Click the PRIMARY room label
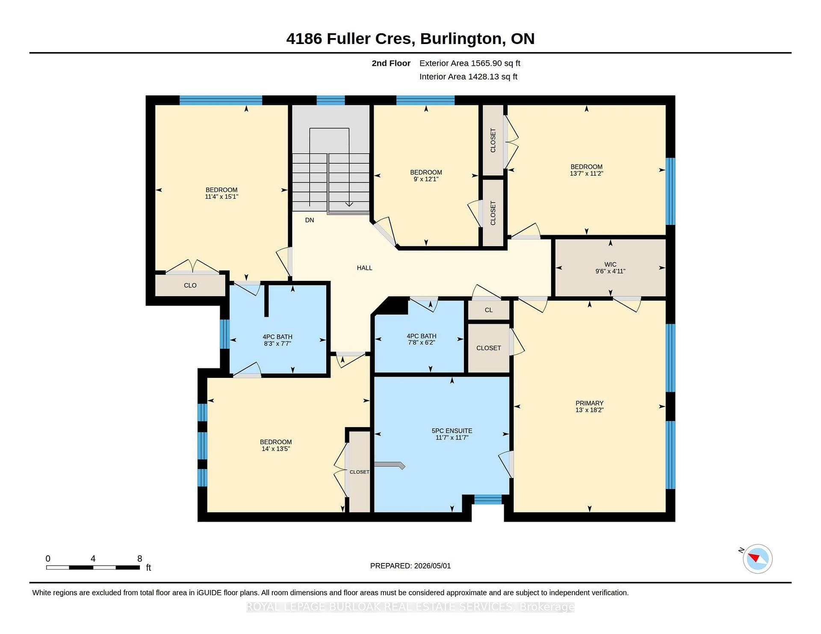pos(589,403)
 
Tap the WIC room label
pos(610,265)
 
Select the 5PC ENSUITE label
pos(452,431)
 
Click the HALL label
pos(364,268)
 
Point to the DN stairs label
pos(310,220)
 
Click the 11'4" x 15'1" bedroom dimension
pos(221,197)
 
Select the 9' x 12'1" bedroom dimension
pos(426,179)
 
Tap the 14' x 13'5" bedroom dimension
pos(276,449)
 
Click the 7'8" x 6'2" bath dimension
pos(422,342)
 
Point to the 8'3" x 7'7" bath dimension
pos(278,343)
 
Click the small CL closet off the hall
pos(489,310)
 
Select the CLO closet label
pos(190,285)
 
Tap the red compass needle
pos(754,557)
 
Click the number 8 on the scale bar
pos(139,558)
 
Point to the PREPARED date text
pos(410,566)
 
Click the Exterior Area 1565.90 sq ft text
pos(470,63)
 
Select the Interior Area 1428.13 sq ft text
pos(468,77)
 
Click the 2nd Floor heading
pos(391,63)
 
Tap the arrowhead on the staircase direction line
pos(349,204)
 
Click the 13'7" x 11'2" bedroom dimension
pos(586,174)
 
